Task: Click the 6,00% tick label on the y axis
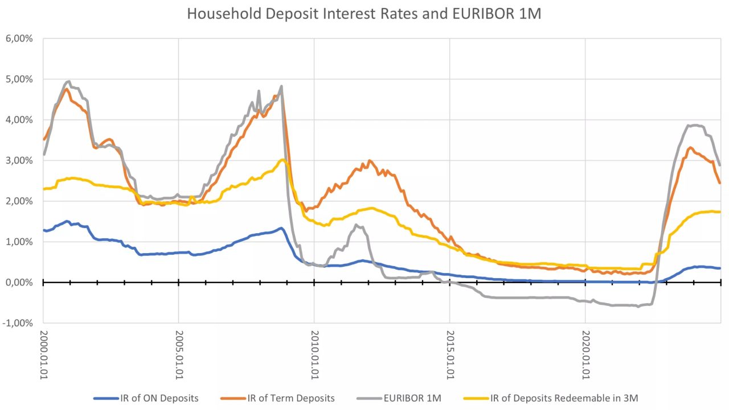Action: (x=19, y=39)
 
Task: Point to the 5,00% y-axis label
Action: (x=19, y=79)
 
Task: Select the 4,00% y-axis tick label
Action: (x=19, y=120)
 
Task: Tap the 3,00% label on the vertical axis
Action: (x=19, y=160)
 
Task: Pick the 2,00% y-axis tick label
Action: (x=19, y=201)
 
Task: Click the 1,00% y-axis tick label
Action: (x=19, y=242)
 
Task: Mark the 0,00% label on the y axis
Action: (x=19, y=283)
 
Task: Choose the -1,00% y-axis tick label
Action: (x=18, y=323)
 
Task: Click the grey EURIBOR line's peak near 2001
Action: (x=68, y=81)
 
